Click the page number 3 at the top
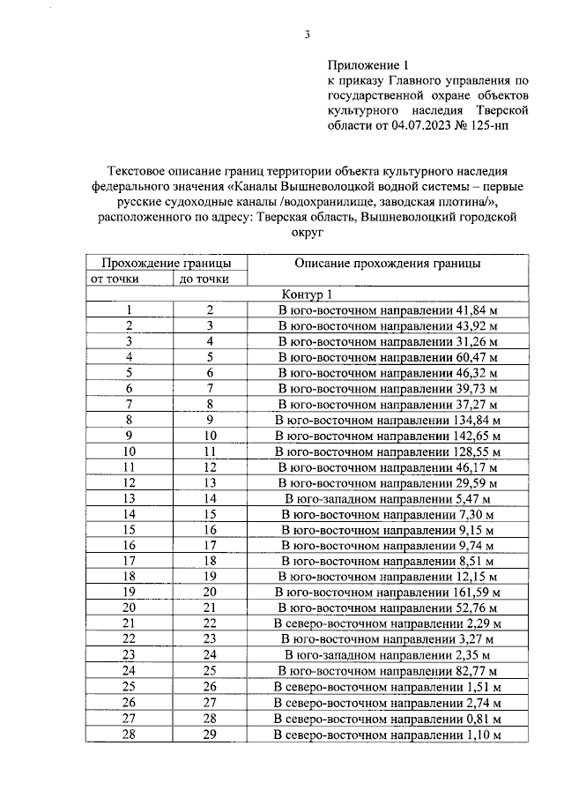(x=307, y=34)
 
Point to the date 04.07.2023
(x=415, y=126)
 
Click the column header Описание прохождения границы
(x=388, y=263)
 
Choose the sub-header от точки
(x=129, y=280)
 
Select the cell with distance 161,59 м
(x=388, y=592)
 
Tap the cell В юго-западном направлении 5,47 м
(x=388, y=498)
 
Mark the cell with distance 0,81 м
(x=388, y=718)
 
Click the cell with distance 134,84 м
(x=388, y=420)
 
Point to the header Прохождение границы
(x=167, y=263)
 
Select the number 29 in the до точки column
(x=210, y=734)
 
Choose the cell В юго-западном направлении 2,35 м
(x=388, y=655)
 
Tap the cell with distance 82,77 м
(x=388, y=671)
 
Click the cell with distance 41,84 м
(x=388, y=310)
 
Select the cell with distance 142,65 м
(x=388, y=436)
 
